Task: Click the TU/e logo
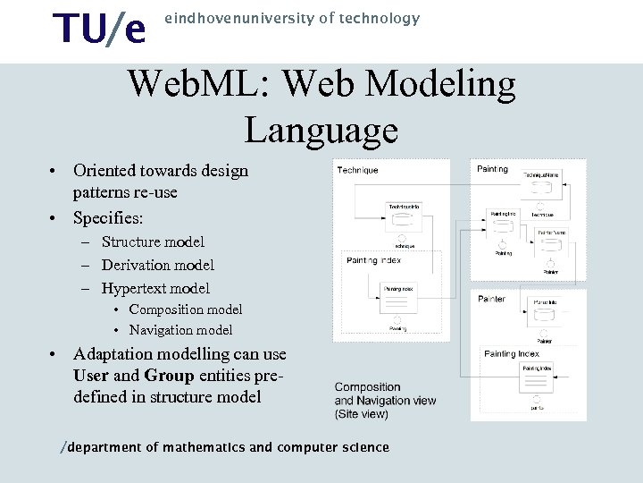pyautogui.click(x=99, y=29)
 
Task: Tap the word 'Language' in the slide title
pyautogui.click(x=321, y=130)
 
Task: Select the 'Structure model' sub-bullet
pyautogui.click(x=153, y=241)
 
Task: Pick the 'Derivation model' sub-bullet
pyautogui.click(x=157, y=265)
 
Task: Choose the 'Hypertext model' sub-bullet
pyautogui.click(x=155, y=288)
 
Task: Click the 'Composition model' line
pyautogui.click(x=185, y=309)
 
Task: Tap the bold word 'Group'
pyautogui.click(x=169, y=376)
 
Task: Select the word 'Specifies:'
pyautogui.click(x=108, y=217)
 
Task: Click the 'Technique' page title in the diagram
pyautogui.click(x=357, y=170)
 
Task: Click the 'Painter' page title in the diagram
pyautogui.click(x=491, y=299)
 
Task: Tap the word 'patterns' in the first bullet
pyautogui.click(x=101, y=192)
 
